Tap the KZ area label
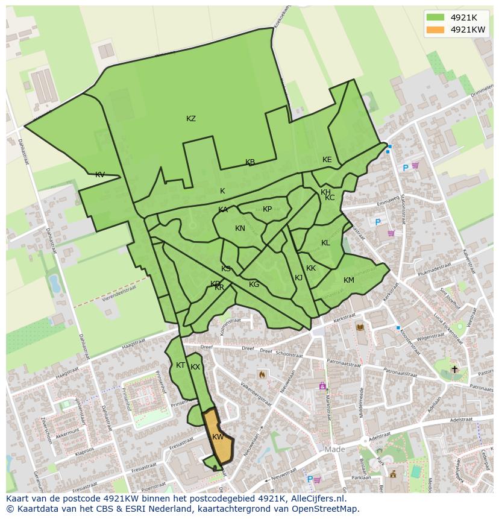[191, 119]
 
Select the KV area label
[100, 175]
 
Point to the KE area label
[327, 160]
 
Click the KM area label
[349, 280]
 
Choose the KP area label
[268, 209]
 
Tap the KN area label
[240, 228]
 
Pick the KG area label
[254, 285]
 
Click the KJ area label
[299, 278]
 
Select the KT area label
[180, 365]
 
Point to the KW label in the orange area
[218, 437]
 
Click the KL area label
[325, 243]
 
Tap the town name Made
[335, 450]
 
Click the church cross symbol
[455, 369]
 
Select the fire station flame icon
[262, 374]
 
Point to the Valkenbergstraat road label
[253, 395]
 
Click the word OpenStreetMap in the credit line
[327, 509]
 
